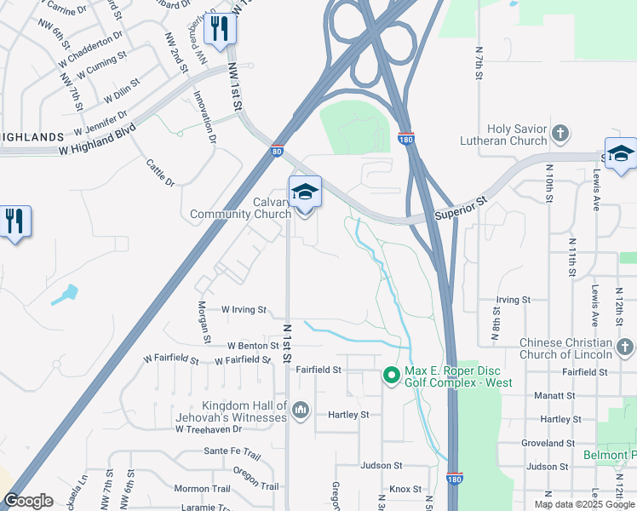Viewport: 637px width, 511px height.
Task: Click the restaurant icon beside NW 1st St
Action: pos(220,30)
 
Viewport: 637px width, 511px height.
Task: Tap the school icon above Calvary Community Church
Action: pos(305,192)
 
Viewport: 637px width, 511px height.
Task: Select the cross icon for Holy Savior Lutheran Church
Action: pos(560,133)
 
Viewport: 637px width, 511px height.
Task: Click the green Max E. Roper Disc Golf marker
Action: pos(391,375)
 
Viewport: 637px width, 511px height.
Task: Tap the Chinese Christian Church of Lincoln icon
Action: pos(624,347)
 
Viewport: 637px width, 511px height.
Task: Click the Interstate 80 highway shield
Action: pos(277,152)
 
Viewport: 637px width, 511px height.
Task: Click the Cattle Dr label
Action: pos(159,173)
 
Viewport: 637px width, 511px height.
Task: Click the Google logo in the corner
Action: pos(29,501)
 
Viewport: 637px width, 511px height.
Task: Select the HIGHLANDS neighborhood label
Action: pos(32,136)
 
